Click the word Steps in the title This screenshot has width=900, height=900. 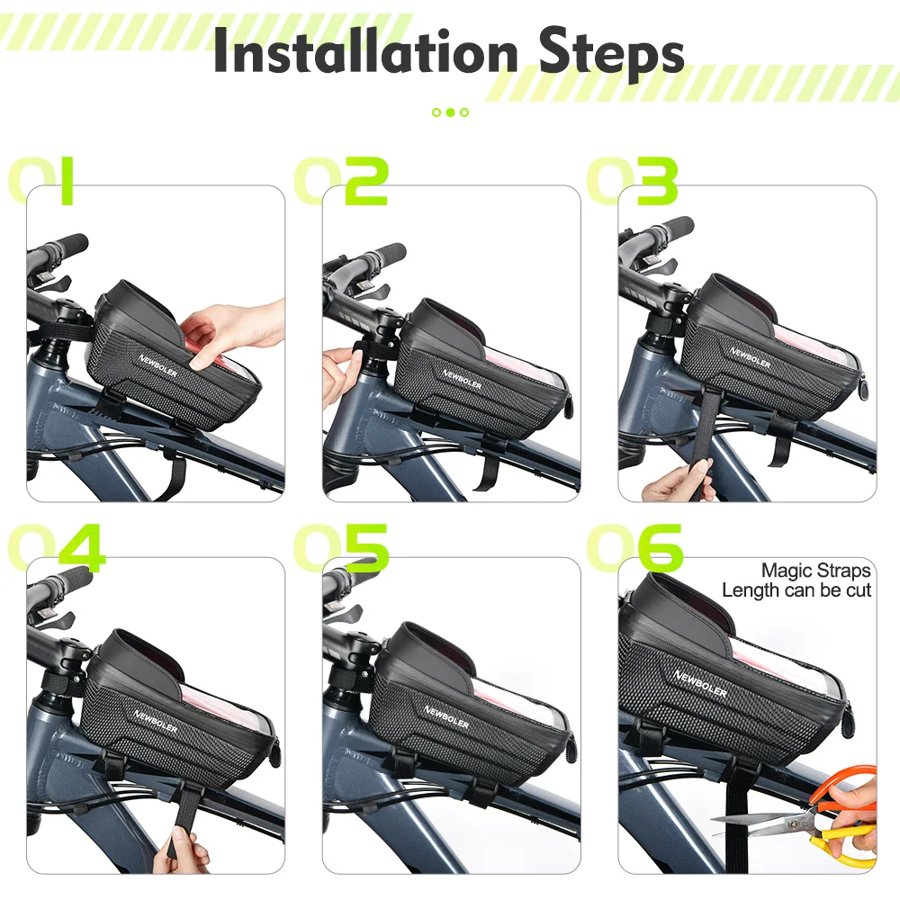[612, 54]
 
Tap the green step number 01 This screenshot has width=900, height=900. [40, 181]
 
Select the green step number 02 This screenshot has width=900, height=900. [341, 181]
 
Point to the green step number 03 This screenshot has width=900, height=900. [632, 181]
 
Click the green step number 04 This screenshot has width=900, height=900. [56, 547]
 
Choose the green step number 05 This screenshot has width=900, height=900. [341, 547]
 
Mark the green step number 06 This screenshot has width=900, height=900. [634, 547]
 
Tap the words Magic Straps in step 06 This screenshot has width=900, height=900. [815, 571]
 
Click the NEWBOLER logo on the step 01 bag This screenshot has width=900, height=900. [157, 365]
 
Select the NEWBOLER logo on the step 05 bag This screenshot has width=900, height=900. [446, 717]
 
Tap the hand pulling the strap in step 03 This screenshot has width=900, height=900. [681, 480]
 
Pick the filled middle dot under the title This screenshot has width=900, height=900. [450, 112]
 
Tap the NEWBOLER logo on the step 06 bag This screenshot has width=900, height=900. [700, 684]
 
